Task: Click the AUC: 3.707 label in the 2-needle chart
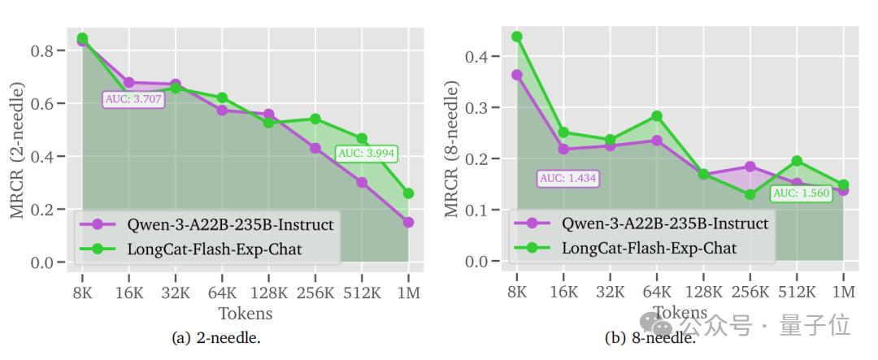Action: (134, 99)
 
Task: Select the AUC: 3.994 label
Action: (366, 153)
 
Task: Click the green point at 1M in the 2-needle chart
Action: (408, 193)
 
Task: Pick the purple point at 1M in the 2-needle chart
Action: (408, 222)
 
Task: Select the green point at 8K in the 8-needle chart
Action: (517, 37)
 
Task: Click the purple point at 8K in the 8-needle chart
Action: (517, 75)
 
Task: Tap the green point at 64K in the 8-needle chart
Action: (657, 115)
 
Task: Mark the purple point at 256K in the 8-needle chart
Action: (750, 167)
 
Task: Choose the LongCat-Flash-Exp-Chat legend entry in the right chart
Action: (645, 248)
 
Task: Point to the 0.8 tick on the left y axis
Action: (44, 50)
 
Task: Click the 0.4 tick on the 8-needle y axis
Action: (480, 57)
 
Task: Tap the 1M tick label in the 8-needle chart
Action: (844, 292)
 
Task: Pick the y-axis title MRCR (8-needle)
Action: (452, 149)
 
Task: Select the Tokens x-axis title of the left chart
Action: (245, 313)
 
